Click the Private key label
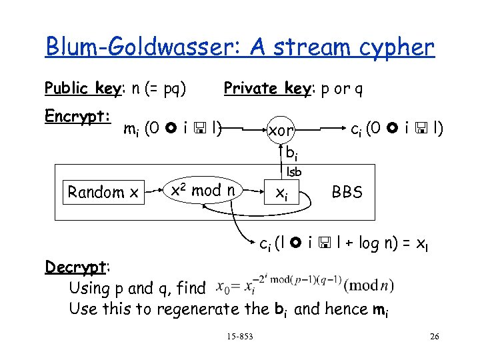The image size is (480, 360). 263,89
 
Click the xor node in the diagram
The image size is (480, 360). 281,131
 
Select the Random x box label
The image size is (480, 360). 103,193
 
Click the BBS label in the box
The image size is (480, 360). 347,193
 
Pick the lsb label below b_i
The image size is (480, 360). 293,172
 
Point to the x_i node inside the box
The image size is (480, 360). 282,193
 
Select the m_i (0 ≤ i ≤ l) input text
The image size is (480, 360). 173,127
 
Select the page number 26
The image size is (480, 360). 434,337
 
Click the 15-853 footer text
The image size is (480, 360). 239,337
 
